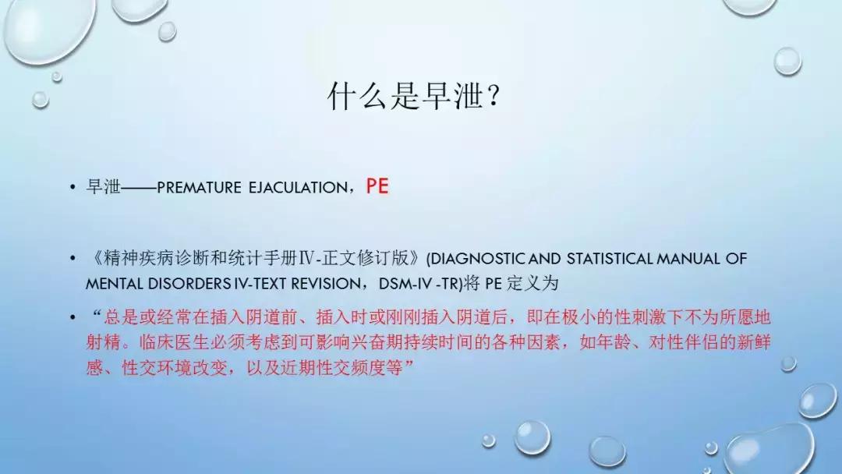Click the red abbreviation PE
(377, 187)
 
